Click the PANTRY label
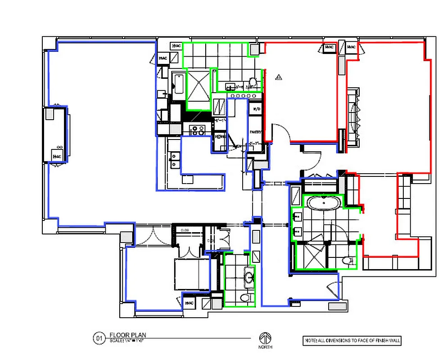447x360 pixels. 256,132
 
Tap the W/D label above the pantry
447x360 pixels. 256,109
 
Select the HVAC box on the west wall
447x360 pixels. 57,156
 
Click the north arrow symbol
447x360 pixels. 265,338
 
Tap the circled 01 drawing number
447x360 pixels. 99,338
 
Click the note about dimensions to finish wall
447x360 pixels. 352,341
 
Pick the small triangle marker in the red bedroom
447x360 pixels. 279,77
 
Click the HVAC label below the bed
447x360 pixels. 189,303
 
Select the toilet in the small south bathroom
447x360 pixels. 244,297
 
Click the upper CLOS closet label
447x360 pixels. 185,229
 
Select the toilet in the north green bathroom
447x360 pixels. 253,83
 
